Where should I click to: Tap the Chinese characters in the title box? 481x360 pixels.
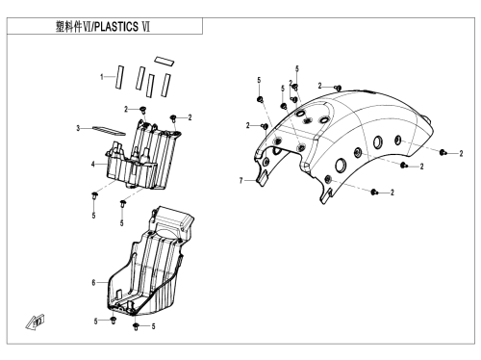tap(69, 27)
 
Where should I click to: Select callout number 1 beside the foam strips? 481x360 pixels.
tap(102, 77)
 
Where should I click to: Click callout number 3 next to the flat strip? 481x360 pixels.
tap(78, 128)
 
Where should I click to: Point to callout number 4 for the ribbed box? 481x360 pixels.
tap(93, 165)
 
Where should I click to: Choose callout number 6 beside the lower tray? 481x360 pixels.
tap(93, 283)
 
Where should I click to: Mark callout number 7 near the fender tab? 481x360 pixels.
tap(241, 181)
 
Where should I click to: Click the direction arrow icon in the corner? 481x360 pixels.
tap(36, 322)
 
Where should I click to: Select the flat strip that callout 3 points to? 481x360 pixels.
tap(109, 131)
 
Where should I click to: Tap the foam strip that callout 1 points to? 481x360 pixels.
tap(119, 77)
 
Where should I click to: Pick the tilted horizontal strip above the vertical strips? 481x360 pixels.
tap(164, 61)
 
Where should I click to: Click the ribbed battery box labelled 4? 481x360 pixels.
tap(143, 155)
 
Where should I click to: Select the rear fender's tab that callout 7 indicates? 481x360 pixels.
tap(262, 178)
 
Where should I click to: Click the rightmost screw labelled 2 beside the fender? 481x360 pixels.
tap(443, 152)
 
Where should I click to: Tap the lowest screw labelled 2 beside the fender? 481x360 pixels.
tap(374, 193)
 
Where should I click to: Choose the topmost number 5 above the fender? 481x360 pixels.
tap(297, 68)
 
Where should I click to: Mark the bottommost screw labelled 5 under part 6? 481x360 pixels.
tap(136, 326)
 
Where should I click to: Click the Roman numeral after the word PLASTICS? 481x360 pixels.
tap(145, 27)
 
